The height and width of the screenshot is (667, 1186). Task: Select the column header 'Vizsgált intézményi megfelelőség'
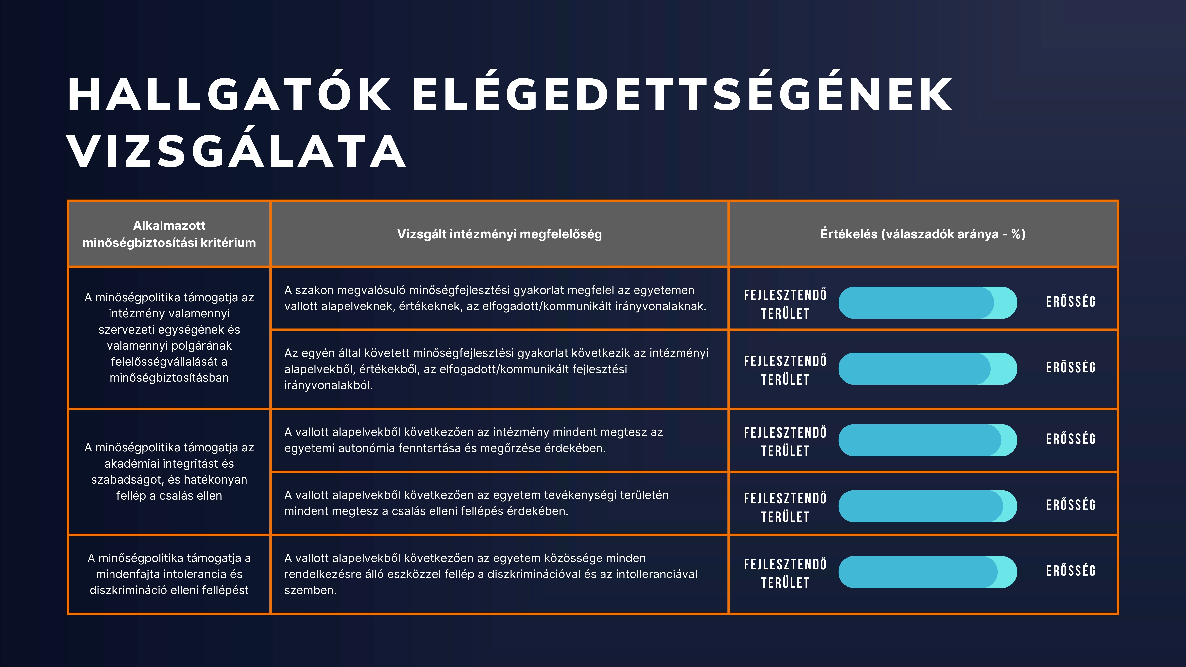pos(500,234)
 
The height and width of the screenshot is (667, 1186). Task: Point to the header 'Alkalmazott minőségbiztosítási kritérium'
pos(169,234)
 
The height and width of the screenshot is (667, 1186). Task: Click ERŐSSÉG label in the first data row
pos(1070,302)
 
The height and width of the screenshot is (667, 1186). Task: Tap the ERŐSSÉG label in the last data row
pos(1070,571)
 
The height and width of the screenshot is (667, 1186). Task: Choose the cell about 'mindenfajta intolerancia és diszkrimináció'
pos(169,574)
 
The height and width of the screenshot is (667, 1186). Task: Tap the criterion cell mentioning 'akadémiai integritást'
pos(169,471)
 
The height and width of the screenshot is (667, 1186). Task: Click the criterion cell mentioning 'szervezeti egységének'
pos(169,337)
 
